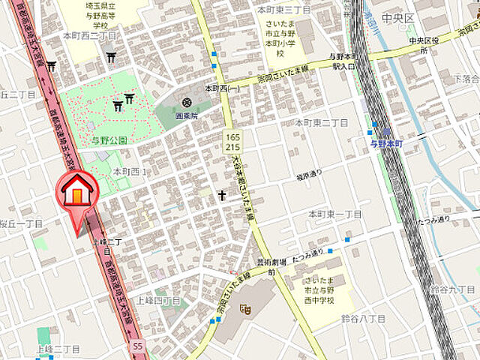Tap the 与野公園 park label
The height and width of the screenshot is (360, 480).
pyautogui.click(x=110, y=140)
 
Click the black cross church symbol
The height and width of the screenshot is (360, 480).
pyautogui.click(x=222, y=195)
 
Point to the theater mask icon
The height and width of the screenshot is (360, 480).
pyautogui.click(x=244, y=307)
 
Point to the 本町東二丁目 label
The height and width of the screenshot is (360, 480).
pyautogui.click(x=322, y=122)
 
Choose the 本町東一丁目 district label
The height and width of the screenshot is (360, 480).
pyautogui.click(x=334, y=214)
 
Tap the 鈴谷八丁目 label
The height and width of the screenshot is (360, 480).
pyautogui.click(x=363, y=319)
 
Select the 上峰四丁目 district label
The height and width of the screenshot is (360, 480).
pyautogui.click(x=158, y=301)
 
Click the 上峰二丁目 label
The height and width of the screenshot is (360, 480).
pyautogui.click(x=58, y=349)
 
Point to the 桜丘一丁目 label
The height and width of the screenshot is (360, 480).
pyautogui.click(x=22, y=223)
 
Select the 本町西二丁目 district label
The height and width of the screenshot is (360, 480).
pyautogui.click(x=89, y=35)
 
